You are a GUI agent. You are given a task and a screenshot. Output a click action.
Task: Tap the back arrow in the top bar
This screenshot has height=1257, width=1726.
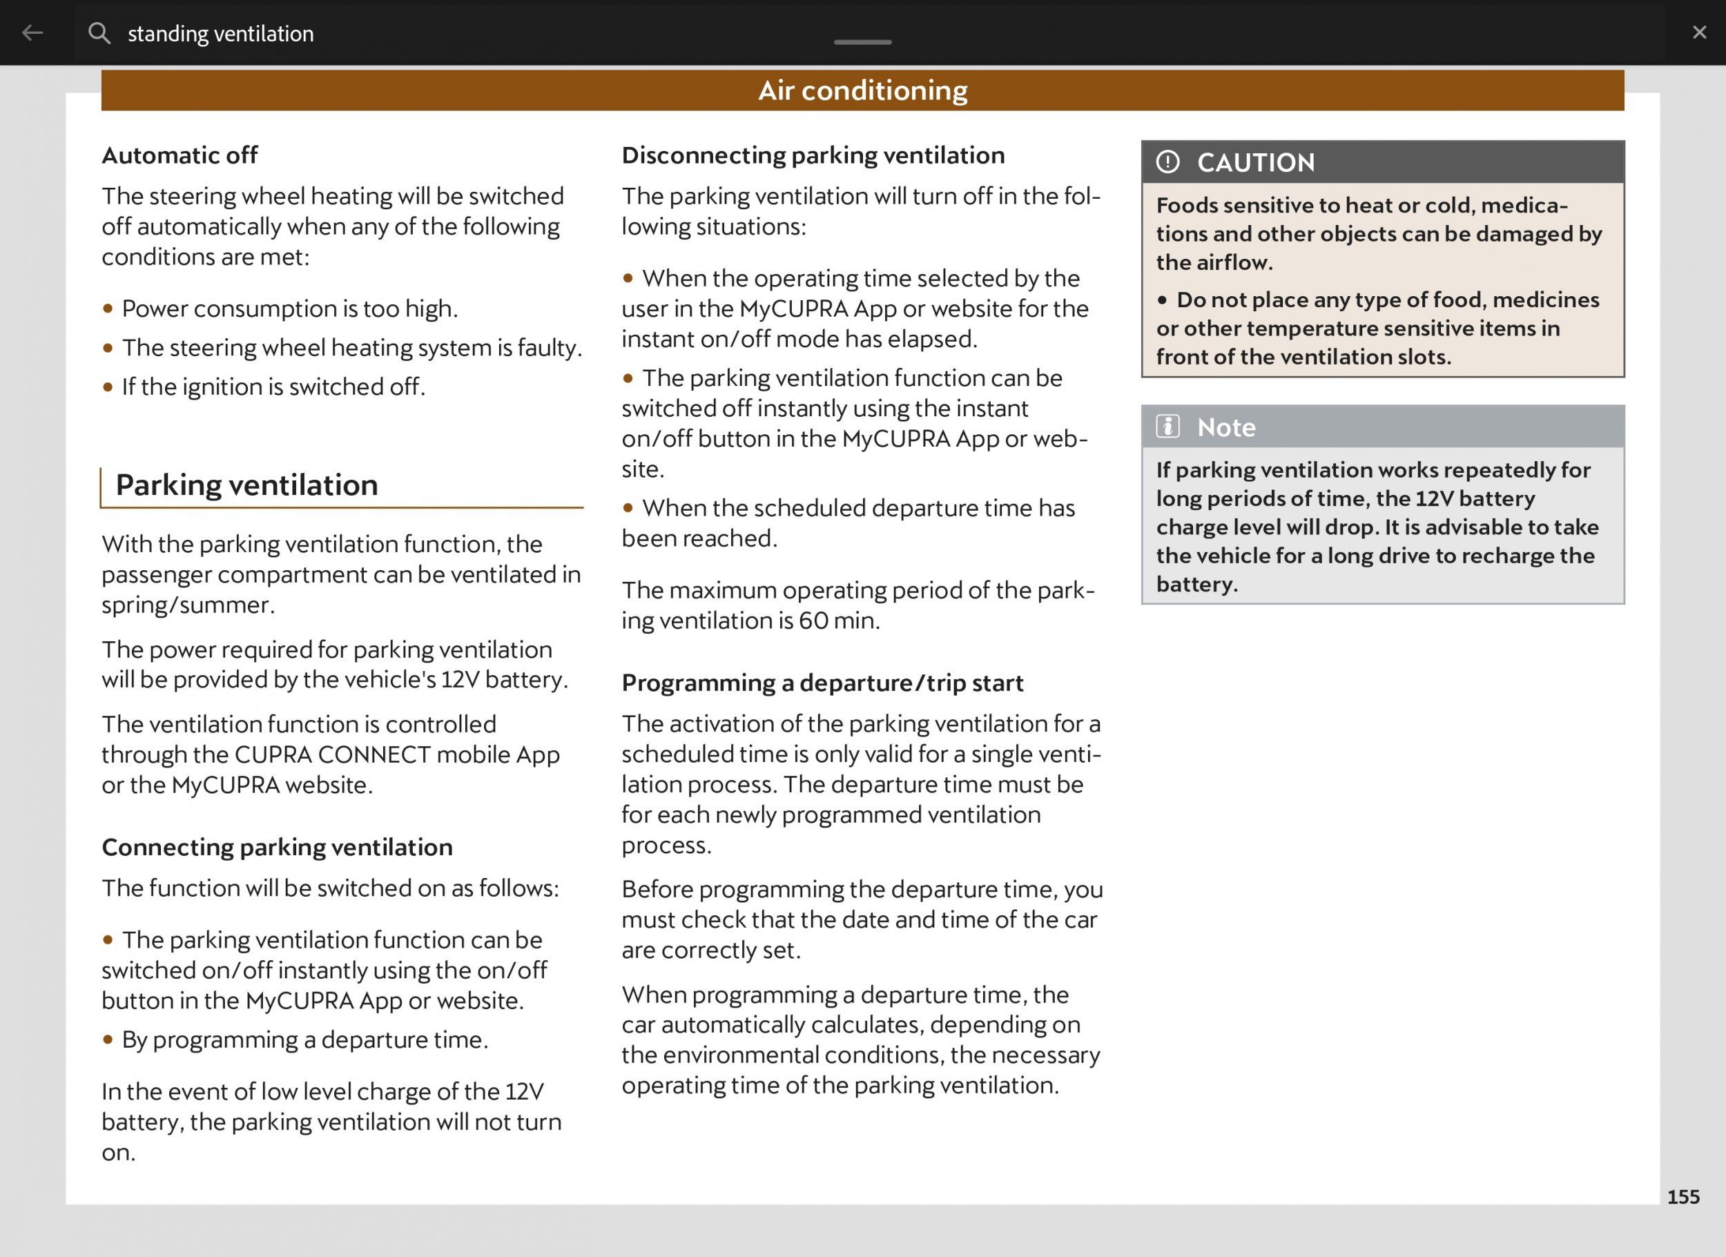tap(32, 32)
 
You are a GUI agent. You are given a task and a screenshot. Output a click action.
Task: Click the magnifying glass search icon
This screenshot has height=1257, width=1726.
tap(99, 32)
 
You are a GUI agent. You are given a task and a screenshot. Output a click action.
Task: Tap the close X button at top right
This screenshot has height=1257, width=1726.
tap(1699, 32)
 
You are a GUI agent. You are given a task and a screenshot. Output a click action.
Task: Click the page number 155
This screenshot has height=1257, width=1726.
tap(1683, 1197)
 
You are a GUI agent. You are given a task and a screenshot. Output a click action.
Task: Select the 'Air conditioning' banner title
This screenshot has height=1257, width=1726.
tap(862, 90)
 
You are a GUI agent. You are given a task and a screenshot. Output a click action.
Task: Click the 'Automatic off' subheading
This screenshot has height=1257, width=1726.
tap(180, 155)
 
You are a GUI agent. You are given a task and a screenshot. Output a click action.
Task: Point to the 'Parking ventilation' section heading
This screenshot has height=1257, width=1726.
tap(246, 485)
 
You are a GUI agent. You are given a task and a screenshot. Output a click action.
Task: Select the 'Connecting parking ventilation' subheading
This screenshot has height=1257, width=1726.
tap(277, 847)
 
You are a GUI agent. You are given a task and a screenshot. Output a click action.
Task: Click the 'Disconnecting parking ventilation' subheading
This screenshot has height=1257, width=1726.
tap(813, 155)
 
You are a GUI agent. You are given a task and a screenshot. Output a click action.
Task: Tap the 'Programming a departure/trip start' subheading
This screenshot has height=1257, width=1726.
tap(822, 683)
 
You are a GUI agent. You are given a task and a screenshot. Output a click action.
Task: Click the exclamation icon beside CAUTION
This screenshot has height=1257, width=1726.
tap(1167, 162)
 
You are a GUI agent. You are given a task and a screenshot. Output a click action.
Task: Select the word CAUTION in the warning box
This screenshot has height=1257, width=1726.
tap(1256, 163)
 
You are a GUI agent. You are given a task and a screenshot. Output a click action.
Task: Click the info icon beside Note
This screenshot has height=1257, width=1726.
tap(1167, 427)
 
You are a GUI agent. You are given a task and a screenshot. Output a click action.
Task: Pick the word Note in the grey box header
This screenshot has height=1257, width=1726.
tap(1226, 427)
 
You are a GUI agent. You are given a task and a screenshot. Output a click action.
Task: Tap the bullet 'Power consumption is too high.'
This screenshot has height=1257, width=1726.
tap(289, 309)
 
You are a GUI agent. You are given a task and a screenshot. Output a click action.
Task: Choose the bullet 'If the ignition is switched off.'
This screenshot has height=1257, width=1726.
tap(273, 387)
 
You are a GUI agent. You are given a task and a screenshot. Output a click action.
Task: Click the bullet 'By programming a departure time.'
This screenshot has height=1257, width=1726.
tap(304, 1040)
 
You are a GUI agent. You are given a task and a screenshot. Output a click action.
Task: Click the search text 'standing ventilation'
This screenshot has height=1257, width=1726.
tap(221, 34)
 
